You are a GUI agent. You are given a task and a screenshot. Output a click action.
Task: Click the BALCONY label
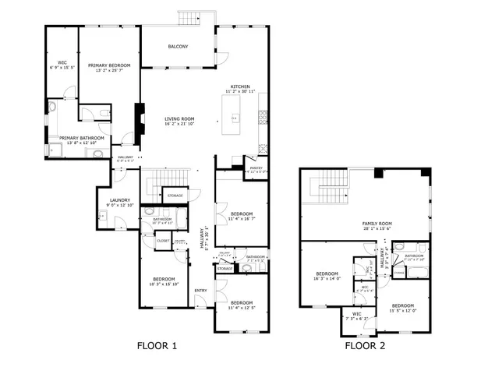(x=177, y=47)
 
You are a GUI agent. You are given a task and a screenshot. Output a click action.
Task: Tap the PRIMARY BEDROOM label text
(x=109, y=65)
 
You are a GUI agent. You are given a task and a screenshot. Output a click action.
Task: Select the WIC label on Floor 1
(x=62, y=62)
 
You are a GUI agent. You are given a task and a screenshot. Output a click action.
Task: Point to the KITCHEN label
(x=239, y=86)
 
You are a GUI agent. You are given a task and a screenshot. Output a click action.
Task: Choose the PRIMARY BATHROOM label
(x=82, y=138)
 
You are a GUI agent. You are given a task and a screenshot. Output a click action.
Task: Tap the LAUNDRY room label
(x=119, y=200)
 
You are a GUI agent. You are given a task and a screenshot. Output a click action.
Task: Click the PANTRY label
(x=255, y=168)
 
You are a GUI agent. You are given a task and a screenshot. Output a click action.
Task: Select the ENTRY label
(x=200, y=291)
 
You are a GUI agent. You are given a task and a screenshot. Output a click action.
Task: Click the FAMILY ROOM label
(x=377, y=224)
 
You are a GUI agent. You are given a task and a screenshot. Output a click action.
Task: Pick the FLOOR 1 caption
(x=157, y=345)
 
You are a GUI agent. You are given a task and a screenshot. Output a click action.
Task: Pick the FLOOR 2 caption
(x=365, y=345)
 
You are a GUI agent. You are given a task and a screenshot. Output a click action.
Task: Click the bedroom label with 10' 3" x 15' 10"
(x=164, y=279)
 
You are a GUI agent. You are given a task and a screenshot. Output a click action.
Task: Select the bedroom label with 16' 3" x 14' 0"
(x=327, y=273)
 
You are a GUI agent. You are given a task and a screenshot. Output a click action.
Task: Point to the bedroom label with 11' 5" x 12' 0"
(x=402, y=305)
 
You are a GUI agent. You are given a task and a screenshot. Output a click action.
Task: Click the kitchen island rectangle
(x=234, y=118)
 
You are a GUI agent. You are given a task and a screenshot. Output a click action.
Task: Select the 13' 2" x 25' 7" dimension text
(x=109, y=70)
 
